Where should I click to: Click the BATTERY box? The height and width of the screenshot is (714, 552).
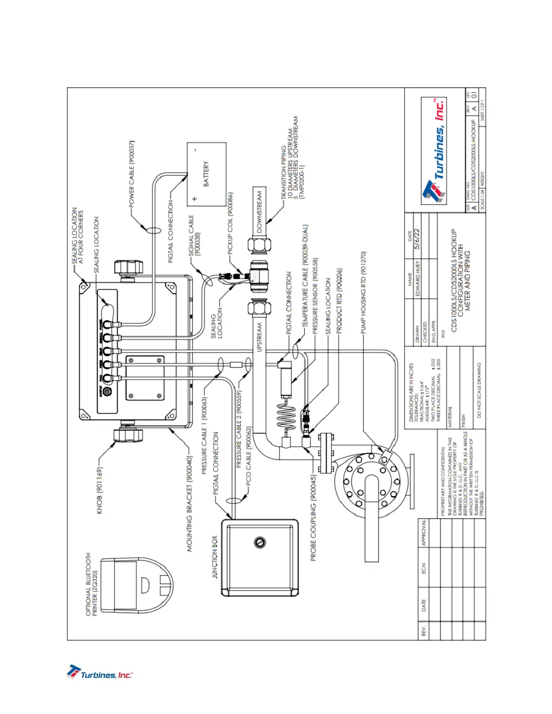tap(207, 174)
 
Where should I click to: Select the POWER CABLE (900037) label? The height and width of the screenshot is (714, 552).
tap(132, 174)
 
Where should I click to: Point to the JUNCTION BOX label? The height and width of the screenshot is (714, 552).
tap(215, 557)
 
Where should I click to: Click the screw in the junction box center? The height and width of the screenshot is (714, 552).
tap(260, 542)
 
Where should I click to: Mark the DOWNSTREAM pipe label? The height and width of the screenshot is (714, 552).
tap(259, 211)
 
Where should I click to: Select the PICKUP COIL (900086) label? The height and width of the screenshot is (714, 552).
tap(230, 224)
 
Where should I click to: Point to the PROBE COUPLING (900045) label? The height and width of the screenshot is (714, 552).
tap(313, 517)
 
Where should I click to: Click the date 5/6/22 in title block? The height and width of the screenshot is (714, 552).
tap(417, 239)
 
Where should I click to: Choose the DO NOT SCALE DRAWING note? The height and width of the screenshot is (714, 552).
tap(479, 390)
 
